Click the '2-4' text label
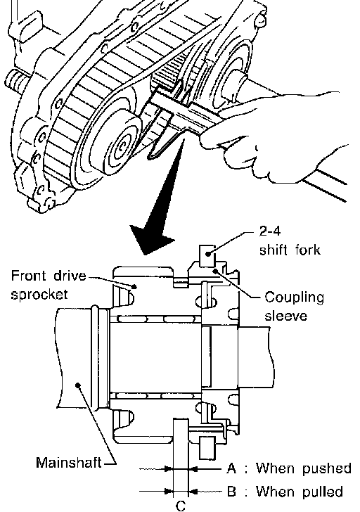click(x=269, y=231)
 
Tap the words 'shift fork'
click(x=290, y=250)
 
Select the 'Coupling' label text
click(x=294, y=298)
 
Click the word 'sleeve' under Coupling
click(x=285, y=316)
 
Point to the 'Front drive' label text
click(x=49, y=276)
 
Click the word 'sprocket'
click(x=39, y=294)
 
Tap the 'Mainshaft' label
click(x=68, y=462)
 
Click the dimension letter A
click(x=231, y=468)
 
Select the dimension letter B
click(x=231, y=491)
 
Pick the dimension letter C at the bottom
click(x=181, y=506)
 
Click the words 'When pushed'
click(x=303, y=468)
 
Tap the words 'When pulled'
click(x=300, y=491)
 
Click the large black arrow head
click(x=150, y=238)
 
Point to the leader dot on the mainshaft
click(x=77, y=385)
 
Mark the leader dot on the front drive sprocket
click(x=134, y=286)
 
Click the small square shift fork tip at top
click(x=207, y=255)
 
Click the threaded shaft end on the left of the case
click(x=15, y=81)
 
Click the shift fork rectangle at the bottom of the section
click(x=207, y=448)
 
